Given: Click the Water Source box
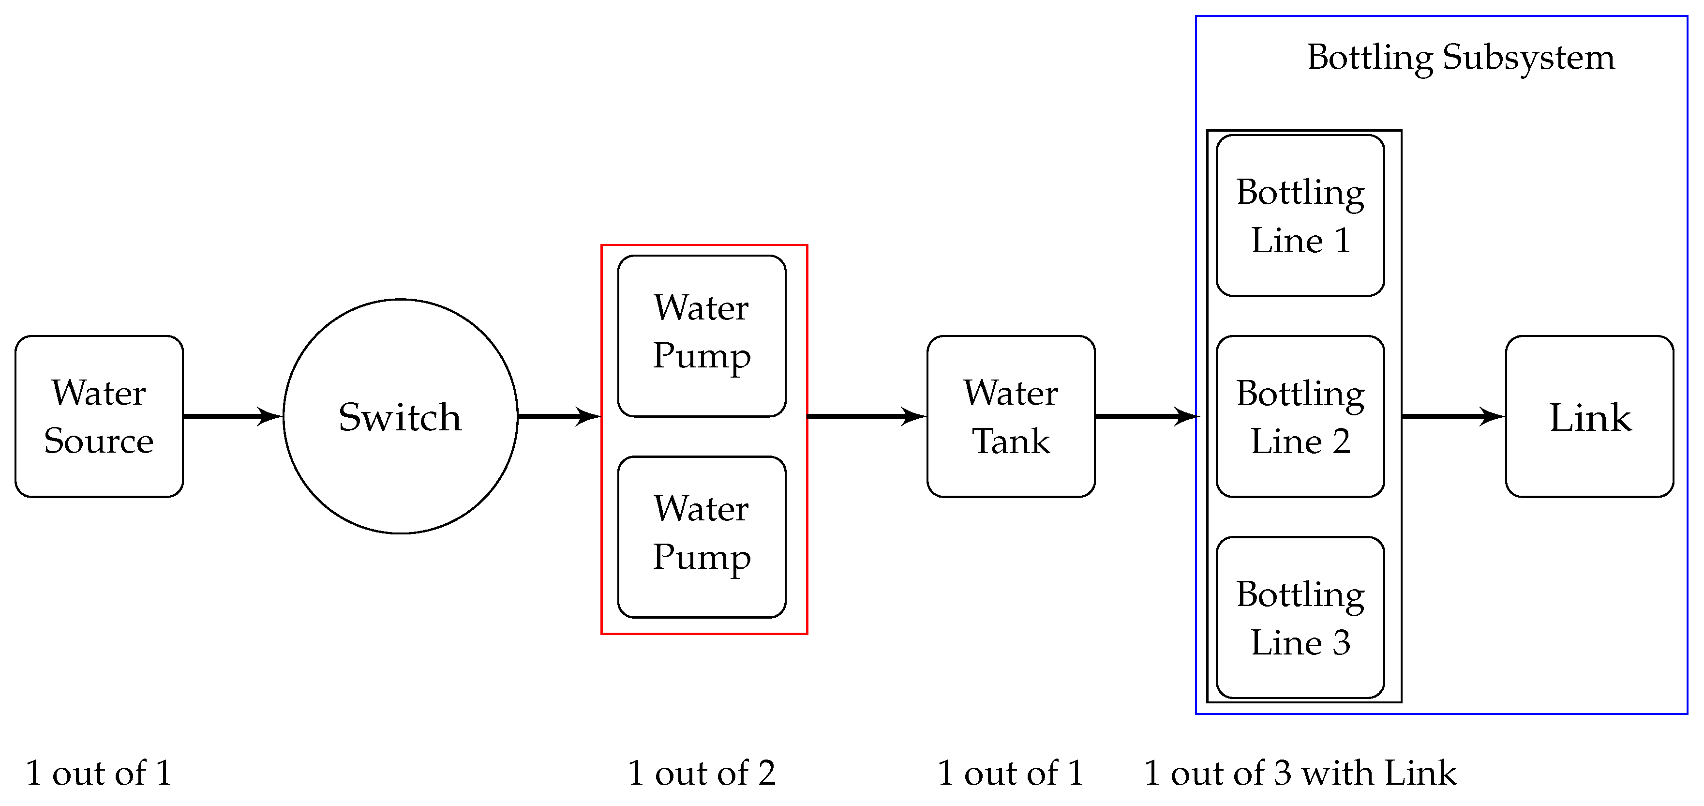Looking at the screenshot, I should pos(99,416).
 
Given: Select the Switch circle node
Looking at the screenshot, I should pos(400,416).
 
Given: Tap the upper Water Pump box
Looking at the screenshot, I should pos(702,336).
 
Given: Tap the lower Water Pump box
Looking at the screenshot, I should pos(702,537).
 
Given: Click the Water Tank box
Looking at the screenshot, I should pos(1011,416).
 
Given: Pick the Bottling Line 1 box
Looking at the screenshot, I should pos(1300,216).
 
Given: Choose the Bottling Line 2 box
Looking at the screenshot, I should pos(1300,416).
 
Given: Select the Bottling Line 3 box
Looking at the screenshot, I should pos(1300,617).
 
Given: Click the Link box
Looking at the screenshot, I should pos(1589,416).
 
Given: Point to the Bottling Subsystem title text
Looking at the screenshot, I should pos(1461,58).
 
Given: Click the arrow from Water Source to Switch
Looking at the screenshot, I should pos(232,416).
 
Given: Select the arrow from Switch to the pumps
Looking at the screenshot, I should pos(558,416).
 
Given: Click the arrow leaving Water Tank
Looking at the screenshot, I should pos(1146,416).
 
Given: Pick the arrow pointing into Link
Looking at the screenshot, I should pos(1452,416).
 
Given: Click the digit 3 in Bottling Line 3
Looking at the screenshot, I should pos(1341,642).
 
